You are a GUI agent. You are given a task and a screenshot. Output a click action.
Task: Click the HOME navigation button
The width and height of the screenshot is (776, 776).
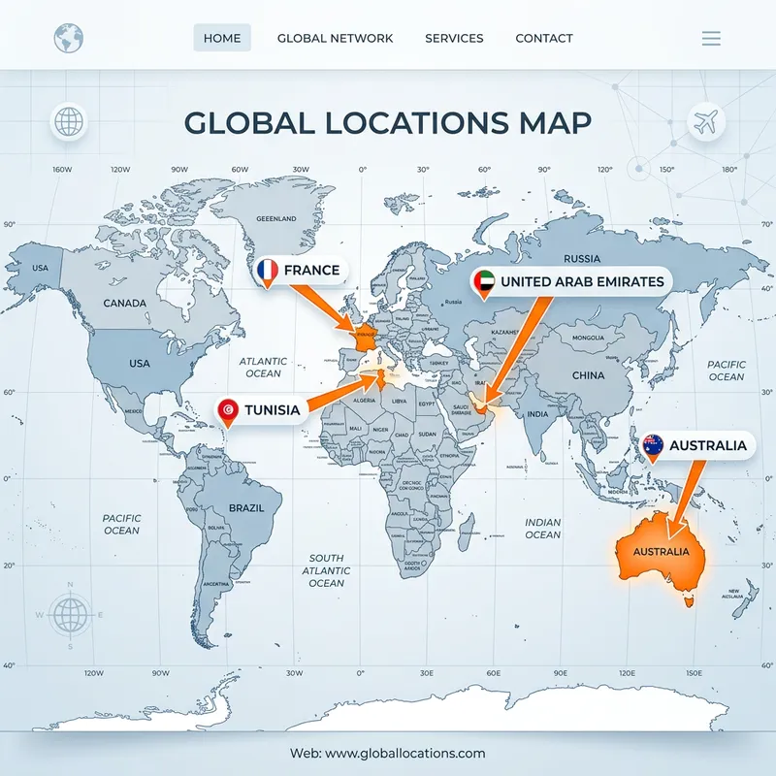pyautogui.click(x=222, y=38)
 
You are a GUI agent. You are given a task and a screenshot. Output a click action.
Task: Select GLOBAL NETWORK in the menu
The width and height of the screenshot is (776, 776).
pyautogui.click(x=335, y=38)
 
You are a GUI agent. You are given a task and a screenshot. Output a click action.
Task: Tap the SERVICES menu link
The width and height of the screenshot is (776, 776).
pyautogui.click(x=454, y=38)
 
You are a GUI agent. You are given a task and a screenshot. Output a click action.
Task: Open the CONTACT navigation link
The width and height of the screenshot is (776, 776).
pyautogui.click(x=544, y=38)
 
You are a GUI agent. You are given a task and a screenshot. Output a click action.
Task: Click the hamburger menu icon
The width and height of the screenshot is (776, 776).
pyautogui.click(x=711, y=39)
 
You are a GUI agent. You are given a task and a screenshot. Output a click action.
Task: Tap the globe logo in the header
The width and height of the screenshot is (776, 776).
pyautogui.click(x=68, y=39)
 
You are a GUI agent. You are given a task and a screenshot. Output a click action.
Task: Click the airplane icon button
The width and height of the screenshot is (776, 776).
pyautogui.click(x=705, y=123)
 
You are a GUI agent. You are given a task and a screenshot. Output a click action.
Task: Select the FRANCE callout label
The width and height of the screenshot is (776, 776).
pyautogui.click(x=310, y=270)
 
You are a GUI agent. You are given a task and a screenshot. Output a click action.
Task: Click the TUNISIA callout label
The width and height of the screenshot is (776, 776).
pyautogui.click(x=271, y=410)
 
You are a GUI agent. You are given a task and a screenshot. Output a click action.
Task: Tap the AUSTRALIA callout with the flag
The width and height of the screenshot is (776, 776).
pyautogui.click(x=707, y=445)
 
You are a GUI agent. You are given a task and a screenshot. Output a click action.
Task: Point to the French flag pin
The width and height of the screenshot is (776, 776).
pyautogui.click(x=267, y=271)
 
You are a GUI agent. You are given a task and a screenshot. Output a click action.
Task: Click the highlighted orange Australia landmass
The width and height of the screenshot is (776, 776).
pyautogui.click(x=660, y=553)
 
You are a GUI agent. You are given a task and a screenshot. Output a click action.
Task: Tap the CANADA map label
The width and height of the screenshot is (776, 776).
pyautogui.click(x=124, y=303)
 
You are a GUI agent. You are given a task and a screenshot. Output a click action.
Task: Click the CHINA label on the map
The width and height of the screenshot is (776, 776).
pyautogui.click(x=588, y=375)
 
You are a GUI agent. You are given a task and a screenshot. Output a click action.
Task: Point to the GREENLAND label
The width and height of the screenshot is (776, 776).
pyautogui.click(x=275, y=219)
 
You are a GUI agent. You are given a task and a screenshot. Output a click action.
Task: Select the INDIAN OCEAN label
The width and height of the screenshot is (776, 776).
pyautogui.click(x=542, y=529)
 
